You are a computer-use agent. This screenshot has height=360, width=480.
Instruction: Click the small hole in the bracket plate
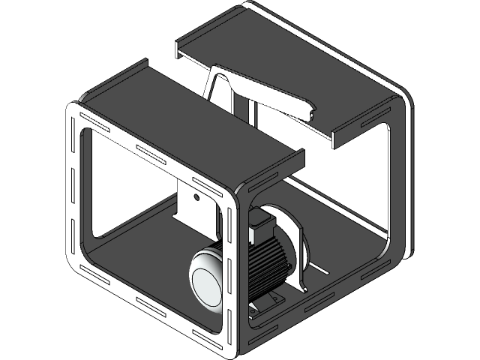tap(196, 198)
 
